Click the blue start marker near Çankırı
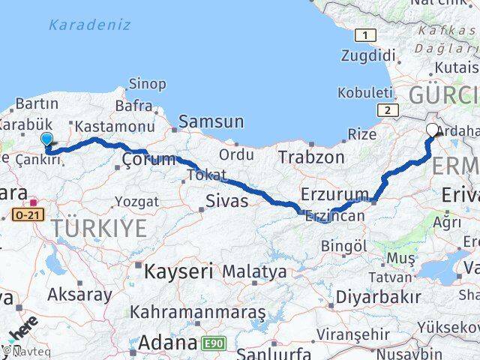coord(47,139)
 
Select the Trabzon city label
coord(311,157)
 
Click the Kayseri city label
coord(179,269)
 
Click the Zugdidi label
coord(367,55)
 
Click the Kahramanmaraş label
coord(198,310)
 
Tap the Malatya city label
coord(255,271)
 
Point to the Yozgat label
coord(137,202)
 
